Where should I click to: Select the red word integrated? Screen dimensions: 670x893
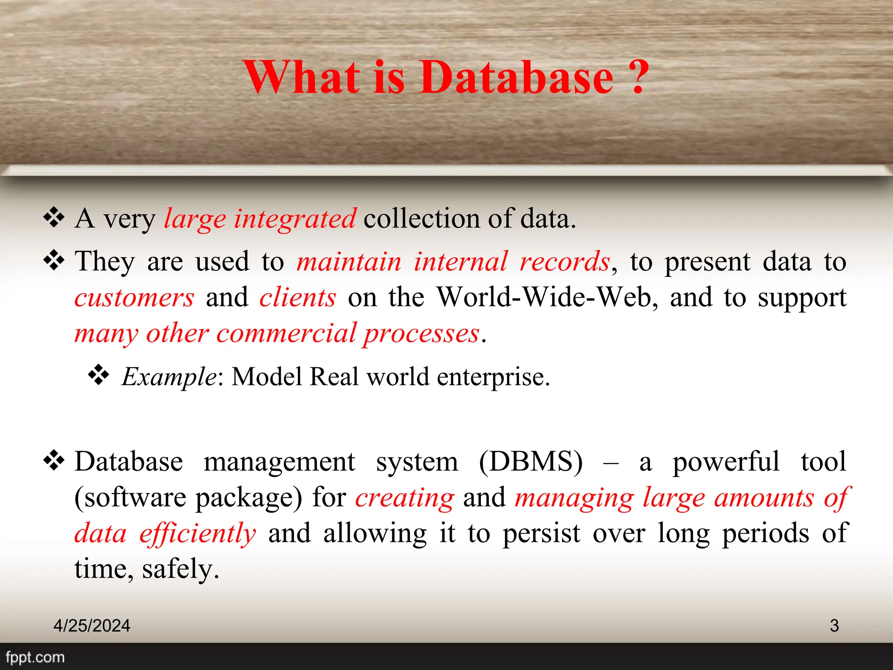[295, 219]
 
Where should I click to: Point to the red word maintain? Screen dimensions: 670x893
[349, 262]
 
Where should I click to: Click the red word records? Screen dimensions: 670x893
[565, 262]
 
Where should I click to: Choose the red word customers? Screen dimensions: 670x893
[134, 298]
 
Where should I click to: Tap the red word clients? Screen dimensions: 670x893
[298, 298]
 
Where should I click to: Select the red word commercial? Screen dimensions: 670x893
[286, 334]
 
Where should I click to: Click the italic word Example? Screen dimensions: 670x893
[169, 377]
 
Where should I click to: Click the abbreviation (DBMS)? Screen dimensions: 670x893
[531, 462]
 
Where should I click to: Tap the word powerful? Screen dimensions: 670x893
[726, 462]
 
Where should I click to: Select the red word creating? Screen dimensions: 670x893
[405, 498]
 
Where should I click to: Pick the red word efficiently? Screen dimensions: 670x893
[198, 533]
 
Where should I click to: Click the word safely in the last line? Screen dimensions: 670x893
[180, 569]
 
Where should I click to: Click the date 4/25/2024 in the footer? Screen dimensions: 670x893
[92, 626]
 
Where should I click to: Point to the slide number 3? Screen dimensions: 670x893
[834, 626]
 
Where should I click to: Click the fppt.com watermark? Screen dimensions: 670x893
[35, 657]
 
